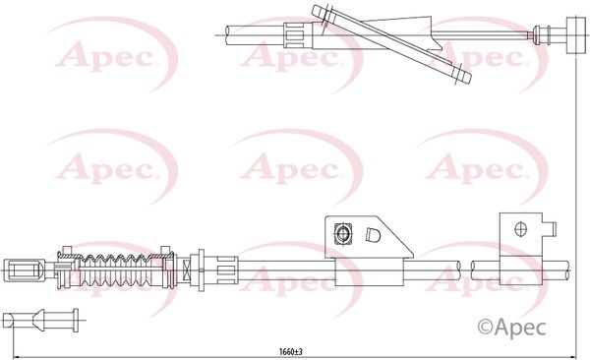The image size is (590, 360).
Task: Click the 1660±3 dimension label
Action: [290, 352]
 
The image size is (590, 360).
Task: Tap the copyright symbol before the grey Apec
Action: [485, 327]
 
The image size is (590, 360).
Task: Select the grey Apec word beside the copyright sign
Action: [520, 327]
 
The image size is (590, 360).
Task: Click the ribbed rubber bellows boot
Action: [117, 270]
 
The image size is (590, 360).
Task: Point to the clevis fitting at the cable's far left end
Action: [24, 270]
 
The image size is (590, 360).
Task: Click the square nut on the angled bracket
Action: [343, 233]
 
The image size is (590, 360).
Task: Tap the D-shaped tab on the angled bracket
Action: [373, 235]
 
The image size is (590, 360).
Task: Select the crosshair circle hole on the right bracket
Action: [520, 229]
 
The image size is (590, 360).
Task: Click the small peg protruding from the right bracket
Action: [551, 229]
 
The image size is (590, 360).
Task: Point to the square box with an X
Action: [186, 270]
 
